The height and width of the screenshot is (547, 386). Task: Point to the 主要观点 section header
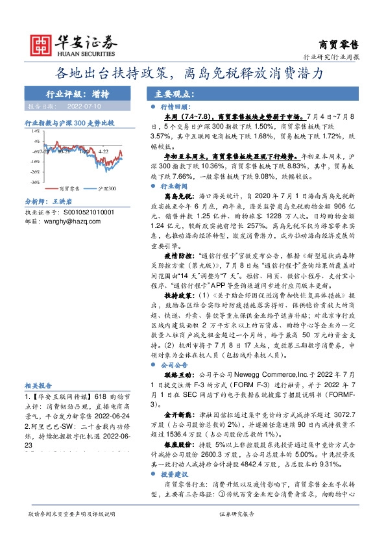(x=171, y=93)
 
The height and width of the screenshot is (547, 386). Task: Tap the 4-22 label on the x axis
(x=103, y=151)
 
